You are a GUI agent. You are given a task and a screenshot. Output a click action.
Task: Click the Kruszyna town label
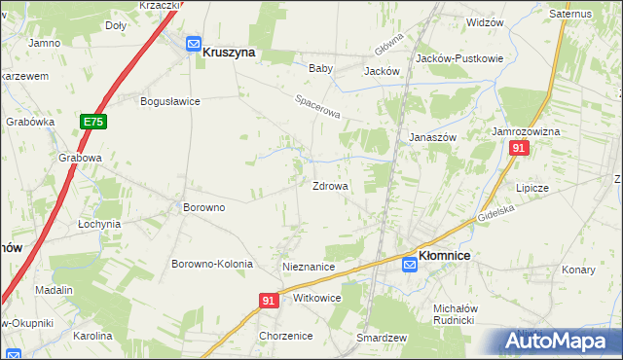point(229,54)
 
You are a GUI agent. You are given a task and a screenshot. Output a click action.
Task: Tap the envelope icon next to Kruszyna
point(193,43)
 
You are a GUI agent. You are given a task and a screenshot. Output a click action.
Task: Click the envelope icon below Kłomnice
point(410,265)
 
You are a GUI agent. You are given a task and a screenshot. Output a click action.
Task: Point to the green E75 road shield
point(93,122)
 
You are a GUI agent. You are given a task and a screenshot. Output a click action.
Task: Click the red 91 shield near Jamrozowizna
point(518,148)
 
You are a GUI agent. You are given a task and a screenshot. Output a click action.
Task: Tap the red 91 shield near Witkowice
point(270,302)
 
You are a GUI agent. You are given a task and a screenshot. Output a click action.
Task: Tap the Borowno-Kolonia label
point(212,264)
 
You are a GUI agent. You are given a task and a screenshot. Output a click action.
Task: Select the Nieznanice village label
point(309,266)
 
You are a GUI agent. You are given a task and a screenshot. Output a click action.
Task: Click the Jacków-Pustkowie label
point(459,58)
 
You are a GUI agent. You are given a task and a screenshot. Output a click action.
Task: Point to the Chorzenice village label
point(285,336)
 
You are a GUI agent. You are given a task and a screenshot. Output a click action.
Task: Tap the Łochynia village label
point(99,223)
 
